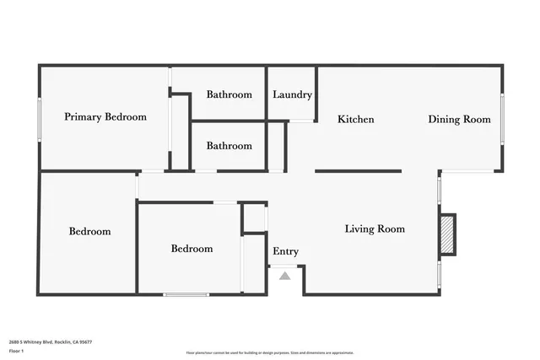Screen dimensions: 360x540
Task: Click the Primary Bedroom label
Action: (105, 117)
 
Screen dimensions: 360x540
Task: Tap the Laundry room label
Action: (292, 94)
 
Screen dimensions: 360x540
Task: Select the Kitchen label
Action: (355, 120)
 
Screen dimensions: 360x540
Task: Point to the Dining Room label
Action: (459, 120)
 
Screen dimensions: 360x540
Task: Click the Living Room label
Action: (375, 228)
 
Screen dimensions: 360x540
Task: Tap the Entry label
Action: (285, 251)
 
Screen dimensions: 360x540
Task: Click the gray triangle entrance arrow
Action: (285, 275)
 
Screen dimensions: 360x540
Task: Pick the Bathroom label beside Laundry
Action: (229, 94)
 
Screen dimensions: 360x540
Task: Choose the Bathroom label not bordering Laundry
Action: (229, 146)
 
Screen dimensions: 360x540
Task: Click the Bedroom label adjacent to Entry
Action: (192, 249)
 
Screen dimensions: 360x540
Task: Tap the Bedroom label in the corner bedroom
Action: (89, 231)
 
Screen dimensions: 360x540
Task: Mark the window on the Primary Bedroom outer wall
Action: (40, 121)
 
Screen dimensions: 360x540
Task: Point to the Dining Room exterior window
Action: (503, 119)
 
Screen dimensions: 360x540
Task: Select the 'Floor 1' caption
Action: (16, 351)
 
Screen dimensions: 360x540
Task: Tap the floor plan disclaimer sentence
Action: (270, 352)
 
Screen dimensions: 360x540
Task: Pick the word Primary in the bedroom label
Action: (82, 117)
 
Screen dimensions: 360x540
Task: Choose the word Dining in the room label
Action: (444, 120)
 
